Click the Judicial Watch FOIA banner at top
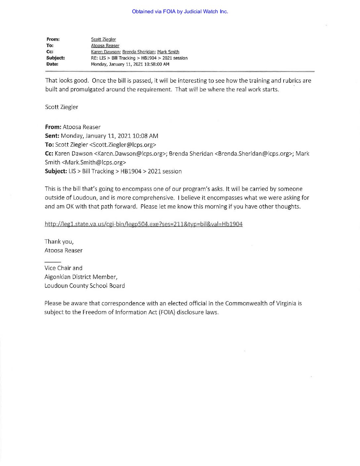click(x=180, y=12)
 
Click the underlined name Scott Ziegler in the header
click(x=103, y=39)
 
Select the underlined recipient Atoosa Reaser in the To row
click(x=105, y=46)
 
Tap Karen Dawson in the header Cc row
click(x=105, y=52)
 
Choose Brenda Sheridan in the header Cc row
click(x=138, y=52)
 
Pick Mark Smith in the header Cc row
click(x=168, y=52)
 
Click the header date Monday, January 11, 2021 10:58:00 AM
click(x=130, y=64)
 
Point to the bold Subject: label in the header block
click(x=55, y=58)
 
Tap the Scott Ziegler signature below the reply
click(x=62, y=107)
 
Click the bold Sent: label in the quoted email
click(x=52, y=136)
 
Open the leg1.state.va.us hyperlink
click(x=144, y=224)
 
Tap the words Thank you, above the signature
click(x=59, y=242)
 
